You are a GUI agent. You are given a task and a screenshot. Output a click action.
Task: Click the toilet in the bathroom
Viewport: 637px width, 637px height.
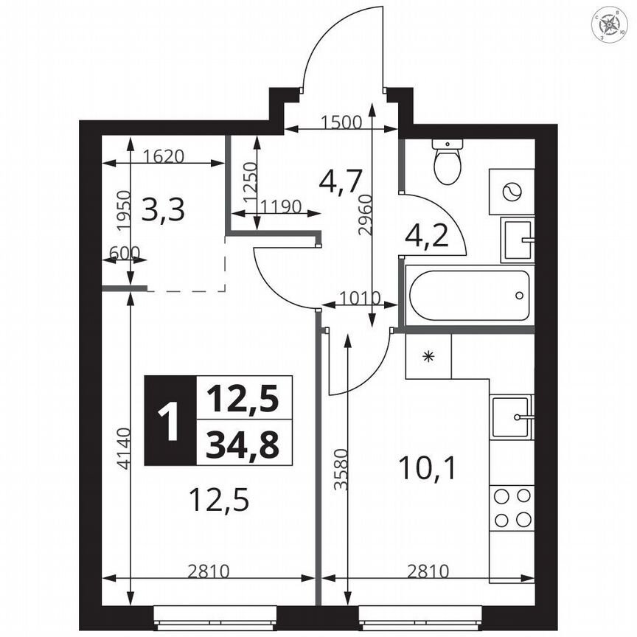tap(447, 161)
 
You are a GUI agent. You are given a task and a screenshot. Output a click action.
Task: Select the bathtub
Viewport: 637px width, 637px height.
tap(469, 296)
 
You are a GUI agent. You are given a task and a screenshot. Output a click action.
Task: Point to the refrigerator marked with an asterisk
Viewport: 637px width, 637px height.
tap(428, 356)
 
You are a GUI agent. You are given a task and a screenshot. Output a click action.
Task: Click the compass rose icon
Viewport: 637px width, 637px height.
tap(611, 25)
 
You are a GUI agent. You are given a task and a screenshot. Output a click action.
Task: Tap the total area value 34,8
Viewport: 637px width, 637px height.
tap(243, 445)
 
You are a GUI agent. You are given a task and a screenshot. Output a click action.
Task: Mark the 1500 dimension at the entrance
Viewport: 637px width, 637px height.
tap(341, 123)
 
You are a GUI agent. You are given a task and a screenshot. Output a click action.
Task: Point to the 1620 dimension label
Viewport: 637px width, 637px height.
tap(164, 156)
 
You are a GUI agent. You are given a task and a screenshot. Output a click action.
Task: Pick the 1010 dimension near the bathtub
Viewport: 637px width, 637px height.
tap(359, 299)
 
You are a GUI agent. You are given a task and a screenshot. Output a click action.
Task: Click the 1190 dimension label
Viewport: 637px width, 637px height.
tap(280, 206)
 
